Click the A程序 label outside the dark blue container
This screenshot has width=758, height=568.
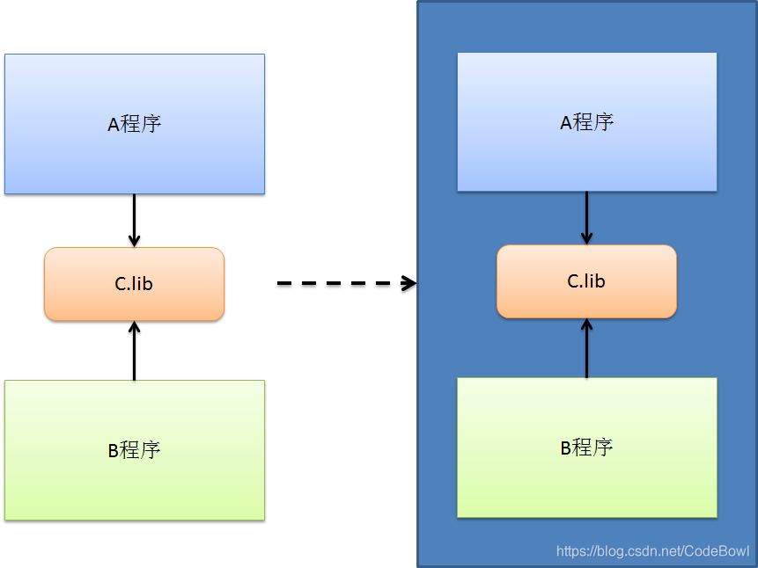[x=134, y=124]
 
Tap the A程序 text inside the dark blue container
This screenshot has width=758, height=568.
[x=586, y=122]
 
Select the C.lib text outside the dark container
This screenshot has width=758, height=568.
[x=134, y=284]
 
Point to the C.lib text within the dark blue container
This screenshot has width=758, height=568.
[x=586, y=281]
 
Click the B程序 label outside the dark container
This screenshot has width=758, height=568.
[x=134, y=450]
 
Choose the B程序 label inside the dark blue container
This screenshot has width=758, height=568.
[x=586, y=448]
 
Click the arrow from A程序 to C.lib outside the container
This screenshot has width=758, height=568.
[x=134, y=220]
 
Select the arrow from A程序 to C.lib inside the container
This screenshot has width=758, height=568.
[x=586, y=217]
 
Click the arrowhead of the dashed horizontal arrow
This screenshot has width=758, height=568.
[x=408, y=283]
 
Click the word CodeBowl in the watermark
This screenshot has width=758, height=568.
[x=717, y=551]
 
